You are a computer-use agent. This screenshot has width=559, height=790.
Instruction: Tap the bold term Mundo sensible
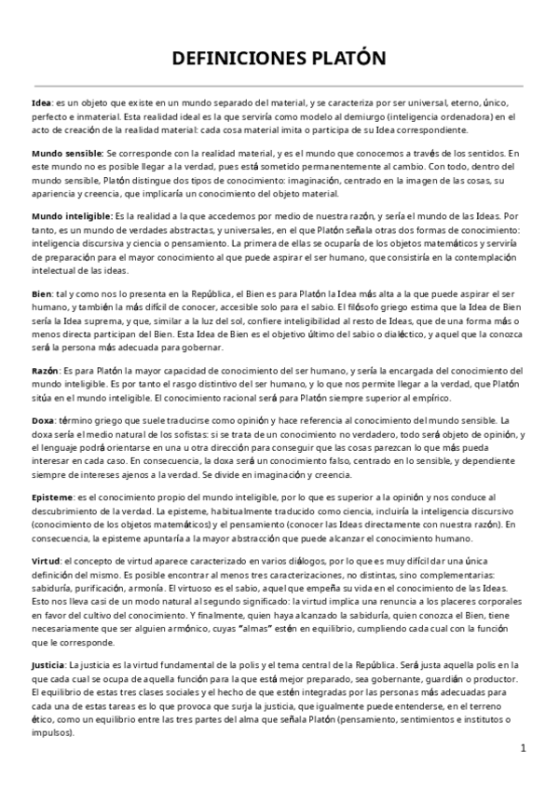coord(66,151)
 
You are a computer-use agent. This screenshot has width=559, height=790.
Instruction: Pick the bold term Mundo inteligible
coord(71,215)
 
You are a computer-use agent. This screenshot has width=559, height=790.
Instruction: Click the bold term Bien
coord(41,293)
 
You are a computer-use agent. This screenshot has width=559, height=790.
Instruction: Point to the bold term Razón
coord(46,370)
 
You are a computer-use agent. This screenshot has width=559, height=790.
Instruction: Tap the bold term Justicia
coord(49,666)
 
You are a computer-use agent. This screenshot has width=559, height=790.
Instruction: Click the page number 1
coord(524,748)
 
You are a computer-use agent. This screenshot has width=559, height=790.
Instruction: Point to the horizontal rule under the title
coord(279,86)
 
